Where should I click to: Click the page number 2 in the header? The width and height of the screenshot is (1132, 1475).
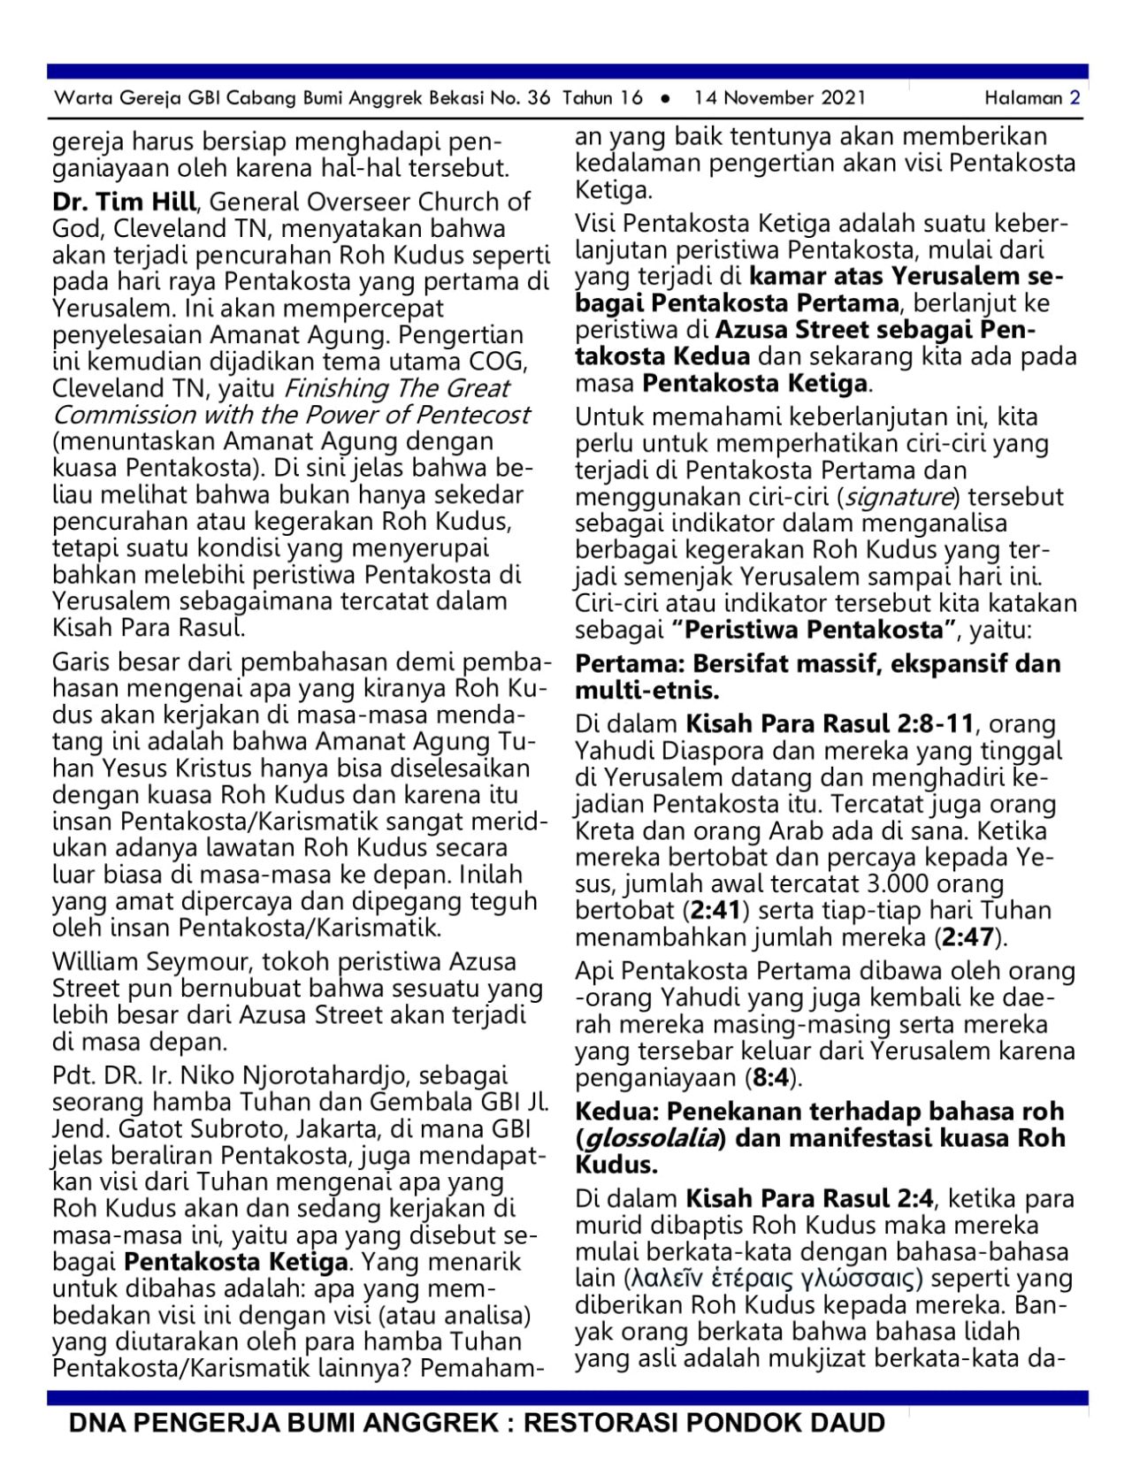click(1075, 98)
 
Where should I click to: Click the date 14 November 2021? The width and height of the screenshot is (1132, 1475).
click(779, 98)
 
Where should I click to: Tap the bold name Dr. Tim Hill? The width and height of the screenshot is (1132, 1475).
click(124, 202)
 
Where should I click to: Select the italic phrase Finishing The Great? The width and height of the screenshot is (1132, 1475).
click(396, 388)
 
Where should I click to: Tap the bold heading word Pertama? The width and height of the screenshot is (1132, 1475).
click(630, 664)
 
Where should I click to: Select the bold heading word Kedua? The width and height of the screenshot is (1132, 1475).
click(616, 1112)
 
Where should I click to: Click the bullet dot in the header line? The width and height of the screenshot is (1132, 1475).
click(665, 99)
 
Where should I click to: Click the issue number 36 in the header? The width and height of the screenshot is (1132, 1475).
click(539, 98)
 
